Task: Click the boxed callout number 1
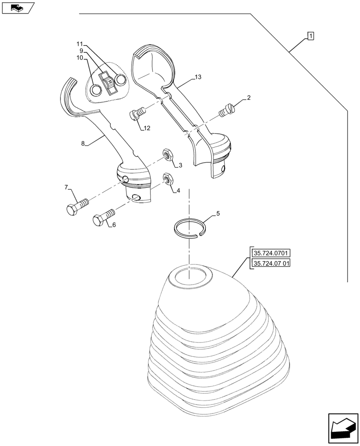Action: point(310,36)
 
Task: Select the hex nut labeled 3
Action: point(168,154)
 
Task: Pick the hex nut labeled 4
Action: point(168,178)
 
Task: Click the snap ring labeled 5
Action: point(189,228)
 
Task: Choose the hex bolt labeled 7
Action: point(77,206)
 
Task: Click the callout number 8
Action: point(83,144)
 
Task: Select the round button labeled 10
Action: point(96,90)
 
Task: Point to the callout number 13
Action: point(197,77)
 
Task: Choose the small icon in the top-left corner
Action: point(17,7)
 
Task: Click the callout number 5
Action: point(218,214)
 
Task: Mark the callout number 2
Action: point(249,97)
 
